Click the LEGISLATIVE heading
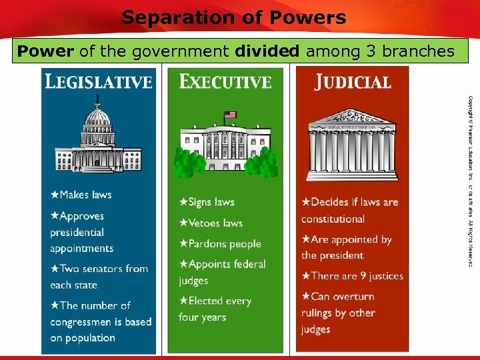pyautogui.click(x=98, y=82)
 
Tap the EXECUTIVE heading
pyautogui.click(x=225, y=82)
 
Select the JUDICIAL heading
pyautogui.click(x=353, y=83)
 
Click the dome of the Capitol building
pyautogui.click(x=98, y=117)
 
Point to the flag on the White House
pyautogui.click(x=230, y=115)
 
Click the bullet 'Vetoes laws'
pyautogui.click(x=211, y=223)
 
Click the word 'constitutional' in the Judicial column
pyautogui.click(x=333, y=219)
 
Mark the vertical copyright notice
pyautogui.click(x=469, y=180)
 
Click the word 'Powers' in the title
pyautogui.click(x=309, y=17)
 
